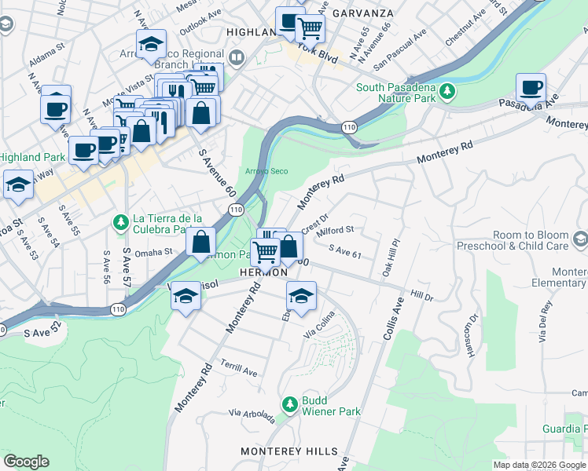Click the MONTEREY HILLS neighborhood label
(x=289, y=451)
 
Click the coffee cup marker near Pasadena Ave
(x=531, y=88)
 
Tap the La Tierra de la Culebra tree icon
(x=121, y=224)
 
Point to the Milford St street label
(x=336, y=232)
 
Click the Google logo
(x=26, y=461)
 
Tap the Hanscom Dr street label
(x=472, y=330)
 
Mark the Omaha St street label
(x=153, y=253)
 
